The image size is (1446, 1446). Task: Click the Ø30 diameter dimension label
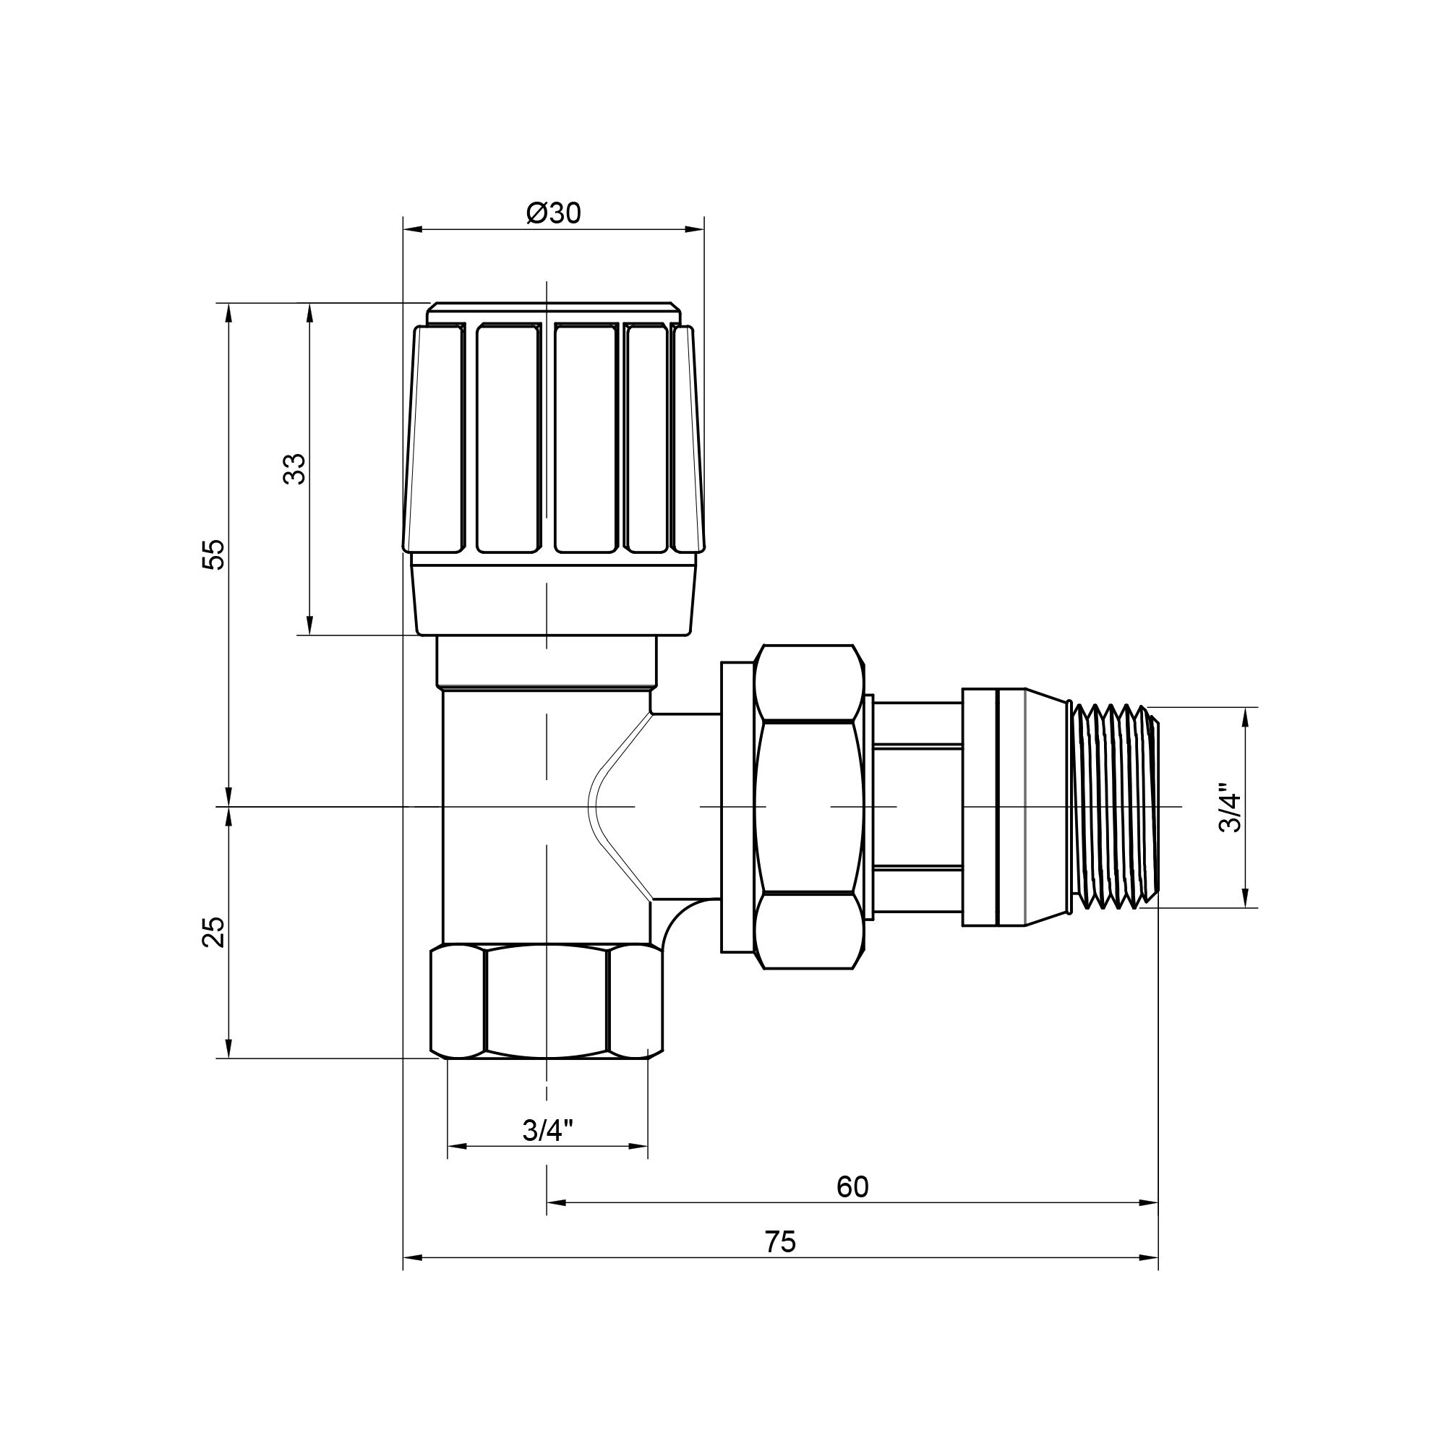click(553, 214)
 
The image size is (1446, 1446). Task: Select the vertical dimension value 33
click(296, 469)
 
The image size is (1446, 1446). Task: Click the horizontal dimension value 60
click(852, 1187)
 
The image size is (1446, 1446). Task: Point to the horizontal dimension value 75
click(781, 1242)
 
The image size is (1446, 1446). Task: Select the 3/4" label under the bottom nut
click(547, 1131)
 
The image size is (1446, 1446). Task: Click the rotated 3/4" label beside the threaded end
click(1230, 808)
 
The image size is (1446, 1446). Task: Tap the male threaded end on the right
click(1113, 807)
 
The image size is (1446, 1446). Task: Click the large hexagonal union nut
click(808, 807)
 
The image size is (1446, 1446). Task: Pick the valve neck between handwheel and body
click(547, 661)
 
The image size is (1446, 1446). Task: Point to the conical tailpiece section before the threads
click(1043, 807)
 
